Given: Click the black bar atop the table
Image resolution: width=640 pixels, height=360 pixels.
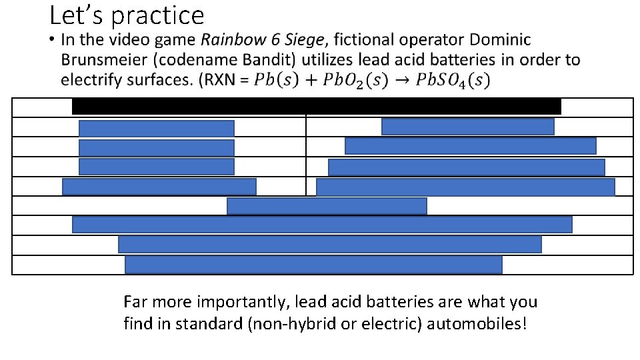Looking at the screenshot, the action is (x=316, y=106).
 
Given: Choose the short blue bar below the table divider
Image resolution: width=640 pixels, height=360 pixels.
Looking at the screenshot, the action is (x=327, y=206).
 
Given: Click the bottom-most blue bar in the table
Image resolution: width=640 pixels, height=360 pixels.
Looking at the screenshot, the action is (x=313, y=265).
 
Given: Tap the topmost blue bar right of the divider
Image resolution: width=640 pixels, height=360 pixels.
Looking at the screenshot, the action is (x=467, y=126).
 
